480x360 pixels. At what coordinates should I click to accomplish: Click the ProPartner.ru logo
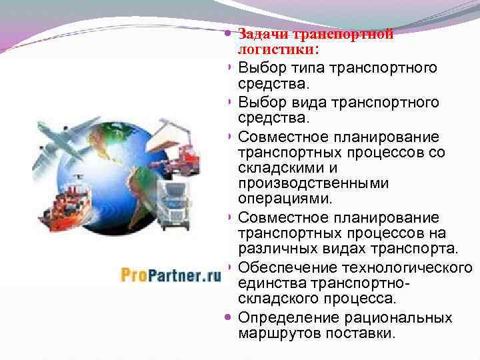point(171,274)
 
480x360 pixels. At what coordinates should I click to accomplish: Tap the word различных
point(279,249)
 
